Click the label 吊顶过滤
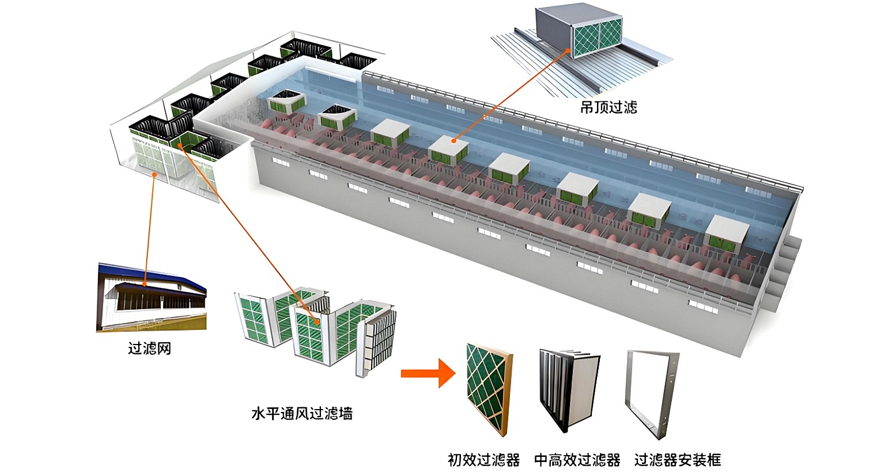608,107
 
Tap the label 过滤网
149,349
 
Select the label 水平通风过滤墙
301,413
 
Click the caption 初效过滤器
483,460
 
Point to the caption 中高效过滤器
577,460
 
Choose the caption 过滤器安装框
677,460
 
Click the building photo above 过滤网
151,300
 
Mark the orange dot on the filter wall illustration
316,321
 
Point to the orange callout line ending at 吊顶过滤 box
513,95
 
